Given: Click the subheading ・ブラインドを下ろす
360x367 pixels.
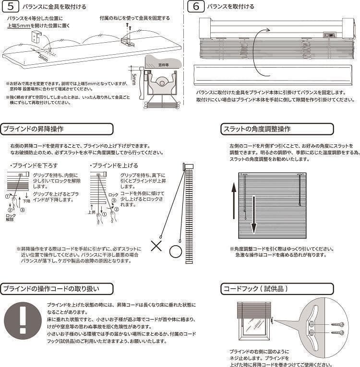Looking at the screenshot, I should [27, 166].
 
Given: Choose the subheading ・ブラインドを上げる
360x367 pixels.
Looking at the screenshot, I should [108, 166].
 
